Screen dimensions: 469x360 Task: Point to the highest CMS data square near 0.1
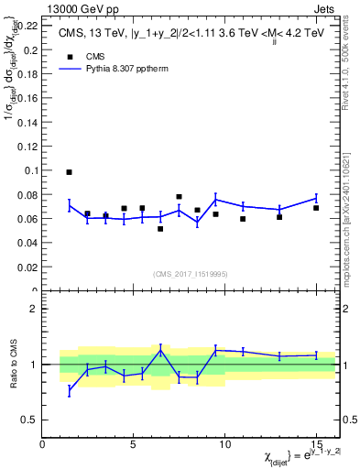[x=69, y=172]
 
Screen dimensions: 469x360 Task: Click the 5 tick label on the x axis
[x=134, y=444]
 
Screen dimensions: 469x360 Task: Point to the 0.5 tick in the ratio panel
[x=29, y=420]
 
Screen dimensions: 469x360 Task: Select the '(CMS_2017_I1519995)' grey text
[x=191, y=272]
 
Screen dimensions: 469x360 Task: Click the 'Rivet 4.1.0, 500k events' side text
[x=352, y=73]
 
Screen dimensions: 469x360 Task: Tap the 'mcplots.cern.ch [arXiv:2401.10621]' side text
[x=352, y=220]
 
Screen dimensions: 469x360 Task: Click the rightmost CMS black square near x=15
[x=316, y=208]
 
